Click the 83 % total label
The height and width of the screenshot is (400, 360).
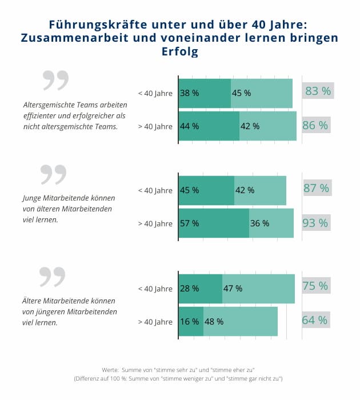[x=318, y=91]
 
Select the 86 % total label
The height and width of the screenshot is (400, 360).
[x=315, y=126]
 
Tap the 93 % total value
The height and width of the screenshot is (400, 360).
[x=315, y=223]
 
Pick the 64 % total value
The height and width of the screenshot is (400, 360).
[x=315, y=320]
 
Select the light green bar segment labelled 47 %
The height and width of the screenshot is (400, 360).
[x=258, y=289]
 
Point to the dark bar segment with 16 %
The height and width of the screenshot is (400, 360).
[x=191, y=321]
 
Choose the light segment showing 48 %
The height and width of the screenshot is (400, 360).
[x=241, y=321]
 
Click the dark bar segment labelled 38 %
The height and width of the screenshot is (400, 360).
[x=205, y=93]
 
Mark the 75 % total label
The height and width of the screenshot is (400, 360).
[x=315, y=286]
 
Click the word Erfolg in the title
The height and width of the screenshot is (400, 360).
[x=180, y=52]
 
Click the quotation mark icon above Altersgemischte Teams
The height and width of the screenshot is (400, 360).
[x=55, y=81]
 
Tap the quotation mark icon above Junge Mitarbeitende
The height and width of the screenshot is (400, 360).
[x=53, y=175]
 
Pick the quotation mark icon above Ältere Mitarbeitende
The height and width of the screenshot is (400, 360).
[x=52, y=277]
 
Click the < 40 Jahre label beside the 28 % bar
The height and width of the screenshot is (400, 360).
[x=155, y=289]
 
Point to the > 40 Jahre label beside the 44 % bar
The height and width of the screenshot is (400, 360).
[x=155, y=126]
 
